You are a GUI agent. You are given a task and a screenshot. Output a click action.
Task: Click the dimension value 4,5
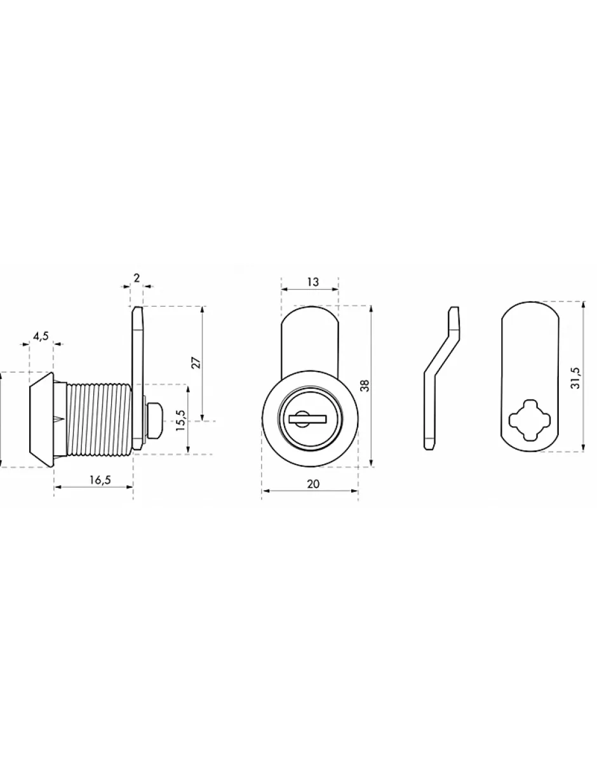pyautogui.click(x=41, y=336)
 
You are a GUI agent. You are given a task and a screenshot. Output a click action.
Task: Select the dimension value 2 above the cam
pyautogui.click(x=137, y=278)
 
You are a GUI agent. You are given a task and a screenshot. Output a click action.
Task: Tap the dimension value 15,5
pyautogui.click(x=180, y=420)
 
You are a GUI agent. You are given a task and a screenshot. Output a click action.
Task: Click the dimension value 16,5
pyautogui.click(x=100, y=479)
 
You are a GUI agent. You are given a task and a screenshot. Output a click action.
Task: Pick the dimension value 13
pyautogui.click(x=312, y=282)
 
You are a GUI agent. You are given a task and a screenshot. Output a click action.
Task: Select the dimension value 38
pyautogui.click(x=365, y=385)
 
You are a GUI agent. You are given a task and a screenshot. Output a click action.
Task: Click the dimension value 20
pyautogui.click(x=313, y=483)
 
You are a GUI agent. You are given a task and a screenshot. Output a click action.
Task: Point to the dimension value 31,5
pyautogui.click(x=575, y=379)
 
